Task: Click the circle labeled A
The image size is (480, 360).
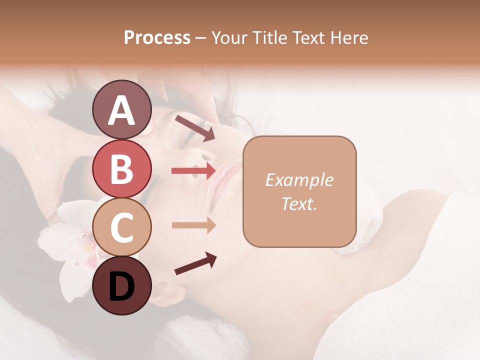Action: [121, 109]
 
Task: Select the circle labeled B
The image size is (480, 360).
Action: [121, 169]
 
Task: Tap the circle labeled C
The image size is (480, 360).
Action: [121, 227]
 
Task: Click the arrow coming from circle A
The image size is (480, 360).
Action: [194, 128]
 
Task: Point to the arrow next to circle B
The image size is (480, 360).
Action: [193, 171]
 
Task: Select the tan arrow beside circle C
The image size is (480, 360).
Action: [193, 225]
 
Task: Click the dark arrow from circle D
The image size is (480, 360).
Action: [195, 264]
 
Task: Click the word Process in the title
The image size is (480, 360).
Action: [157, 38]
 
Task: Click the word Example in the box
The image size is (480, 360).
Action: [299, 180]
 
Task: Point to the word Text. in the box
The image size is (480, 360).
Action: [299, 204]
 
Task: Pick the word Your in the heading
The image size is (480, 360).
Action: [228, 38]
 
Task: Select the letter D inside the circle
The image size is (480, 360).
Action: [121, 286]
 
